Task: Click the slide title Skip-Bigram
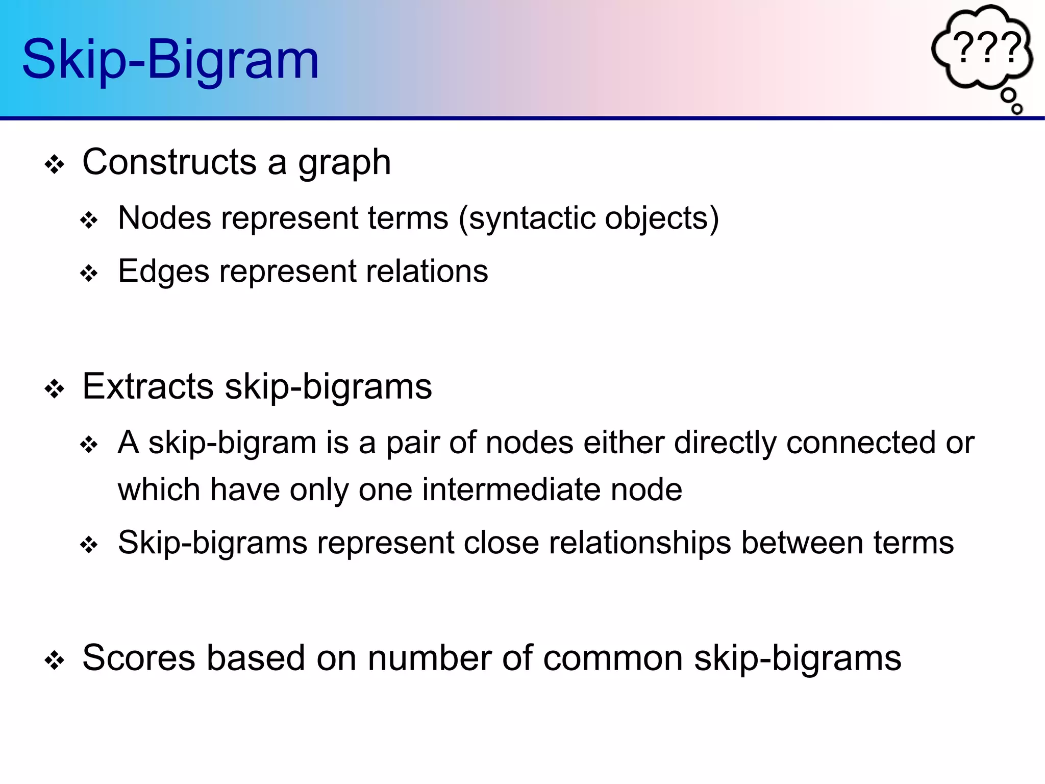pyautogui.click(x=170, y=60)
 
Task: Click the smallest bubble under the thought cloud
pyautogui.click(x=1017, y=109)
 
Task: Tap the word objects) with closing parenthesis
pyautogui.click(x=662, y=219)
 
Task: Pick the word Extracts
pyautogui.click(x=148, y=386)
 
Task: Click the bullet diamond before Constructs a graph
pyautogui.click(x=55, y=165)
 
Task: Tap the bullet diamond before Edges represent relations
pyautogui.click(x=89, y=274)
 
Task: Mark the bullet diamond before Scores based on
pyautogui.click(x=55, y=661)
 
